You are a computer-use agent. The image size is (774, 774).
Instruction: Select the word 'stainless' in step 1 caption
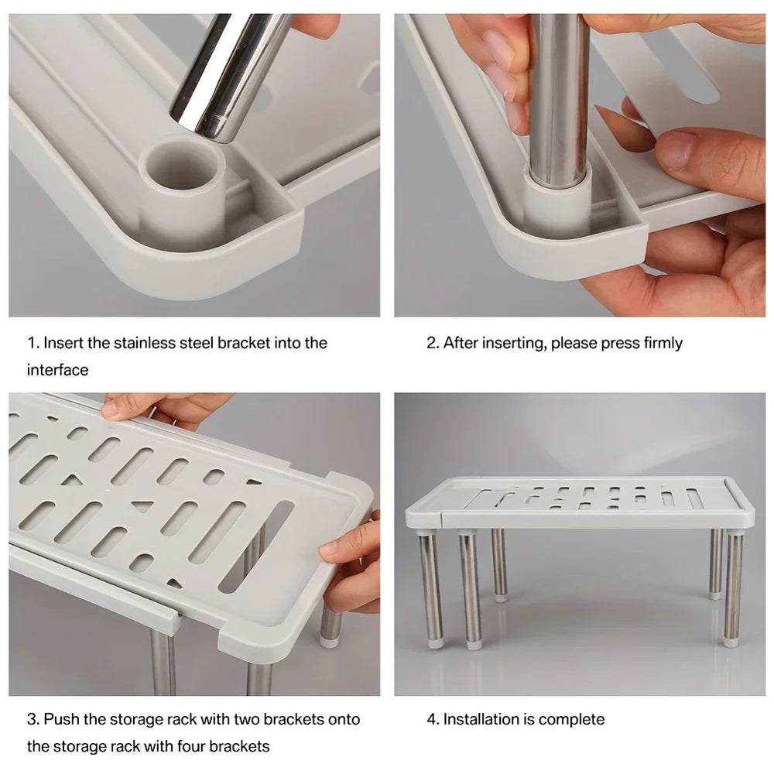tap(145, 343)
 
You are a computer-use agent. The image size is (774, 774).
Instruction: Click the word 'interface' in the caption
tap(57, 370)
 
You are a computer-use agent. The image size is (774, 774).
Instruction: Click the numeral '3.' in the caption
tap(33, 719)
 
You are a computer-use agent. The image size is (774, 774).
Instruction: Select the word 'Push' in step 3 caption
tap(60, 719)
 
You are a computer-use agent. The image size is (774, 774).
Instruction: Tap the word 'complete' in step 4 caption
tap(571, 719)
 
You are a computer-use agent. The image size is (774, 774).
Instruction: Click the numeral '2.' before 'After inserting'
tap(433, 343)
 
